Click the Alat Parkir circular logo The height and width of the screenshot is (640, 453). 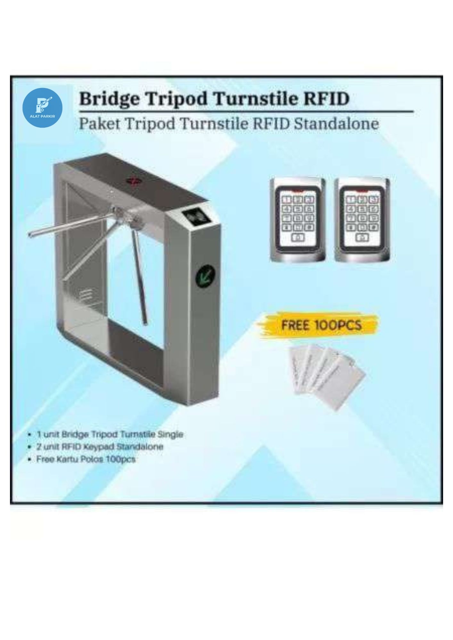[x=43, y=108]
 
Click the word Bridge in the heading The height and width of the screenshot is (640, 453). [x=109, y=99]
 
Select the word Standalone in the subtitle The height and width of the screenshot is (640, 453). [x=336, y=124]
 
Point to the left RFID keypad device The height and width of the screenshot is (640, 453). [x=298, y=220]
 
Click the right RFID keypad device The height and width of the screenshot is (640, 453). [x=363, y=220]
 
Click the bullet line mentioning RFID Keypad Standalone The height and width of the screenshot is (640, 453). [x=100, y=447]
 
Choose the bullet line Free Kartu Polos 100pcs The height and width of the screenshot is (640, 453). [x=86, y=459]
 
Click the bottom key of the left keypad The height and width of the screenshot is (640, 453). [x=298, y=238]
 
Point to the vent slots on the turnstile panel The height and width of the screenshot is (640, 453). [x=86, y=294]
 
